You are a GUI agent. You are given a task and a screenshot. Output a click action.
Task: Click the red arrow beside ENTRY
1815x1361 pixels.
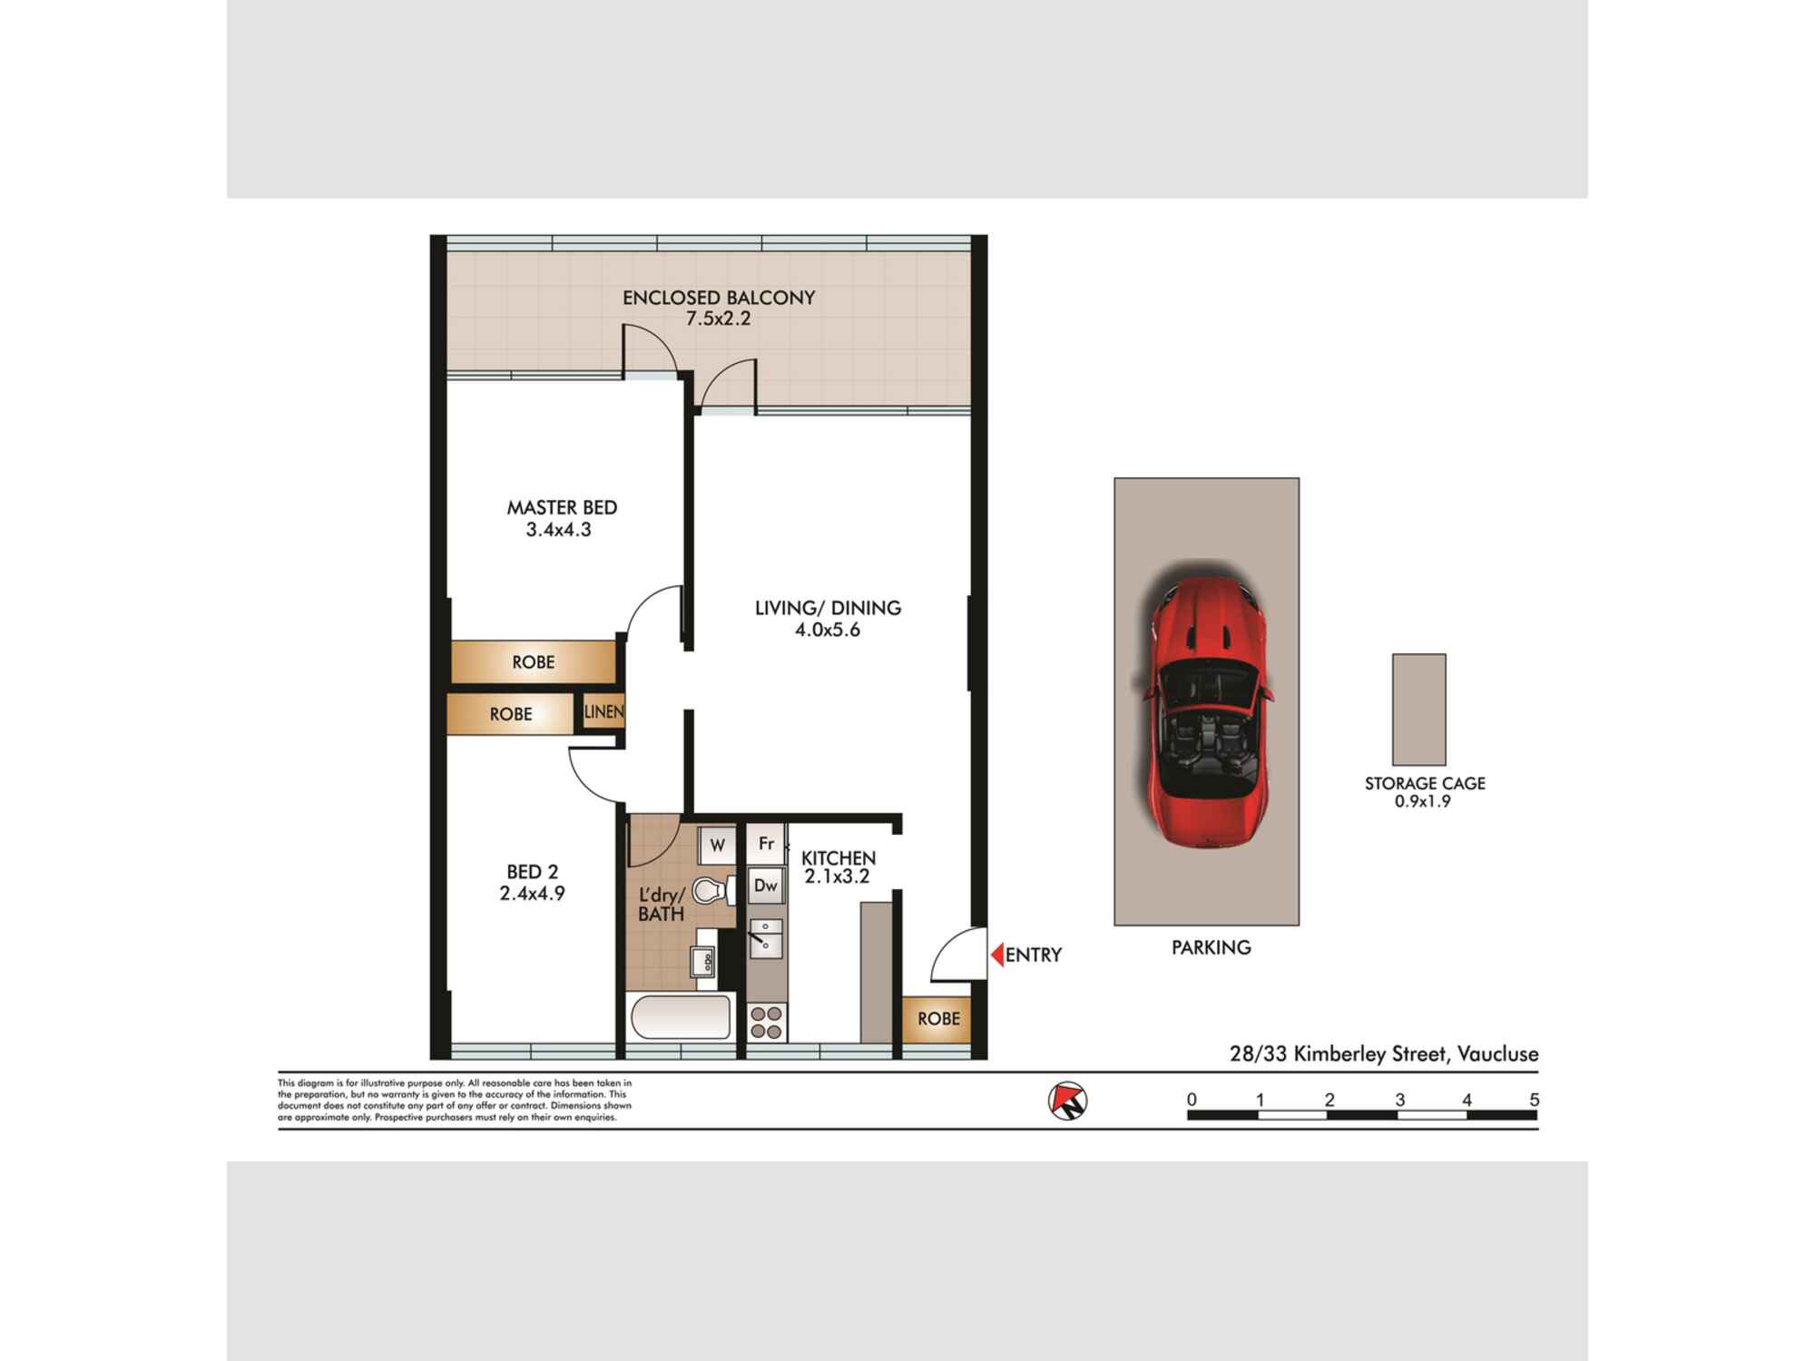point(996,955)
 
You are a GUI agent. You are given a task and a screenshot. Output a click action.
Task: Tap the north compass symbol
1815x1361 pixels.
point(1067,1101)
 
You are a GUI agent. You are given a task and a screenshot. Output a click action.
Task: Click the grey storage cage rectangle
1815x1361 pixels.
point(1418,710)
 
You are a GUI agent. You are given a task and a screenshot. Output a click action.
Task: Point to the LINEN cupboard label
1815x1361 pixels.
point(603,712)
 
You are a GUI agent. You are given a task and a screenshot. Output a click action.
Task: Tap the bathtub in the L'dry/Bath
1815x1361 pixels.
point(681,1017)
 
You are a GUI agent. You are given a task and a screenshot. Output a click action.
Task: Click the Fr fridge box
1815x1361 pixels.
point(766,844)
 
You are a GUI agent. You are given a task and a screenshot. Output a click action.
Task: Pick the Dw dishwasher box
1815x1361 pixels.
point(766,886)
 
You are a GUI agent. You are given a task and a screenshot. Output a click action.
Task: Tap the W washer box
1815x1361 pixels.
point(717,846)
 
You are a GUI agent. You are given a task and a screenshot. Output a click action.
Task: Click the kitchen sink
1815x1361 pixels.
point(766,938)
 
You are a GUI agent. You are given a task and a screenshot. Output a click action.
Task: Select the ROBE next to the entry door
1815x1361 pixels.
point(938,1019)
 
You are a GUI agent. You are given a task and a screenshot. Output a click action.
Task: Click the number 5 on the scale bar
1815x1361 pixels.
point(1534,1100)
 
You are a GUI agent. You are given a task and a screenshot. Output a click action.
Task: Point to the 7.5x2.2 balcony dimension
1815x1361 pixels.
point(718,318)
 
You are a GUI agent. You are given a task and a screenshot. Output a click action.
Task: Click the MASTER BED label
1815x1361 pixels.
point(562,507)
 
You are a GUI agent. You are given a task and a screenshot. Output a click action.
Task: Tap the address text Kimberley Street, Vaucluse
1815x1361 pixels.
point(1415,1054)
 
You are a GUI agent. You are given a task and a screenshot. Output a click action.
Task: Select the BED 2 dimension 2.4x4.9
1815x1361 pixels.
point(532,894)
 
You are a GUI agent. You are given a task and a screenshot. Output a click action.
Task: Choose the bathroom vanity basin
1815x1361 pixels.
point(703,960)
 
